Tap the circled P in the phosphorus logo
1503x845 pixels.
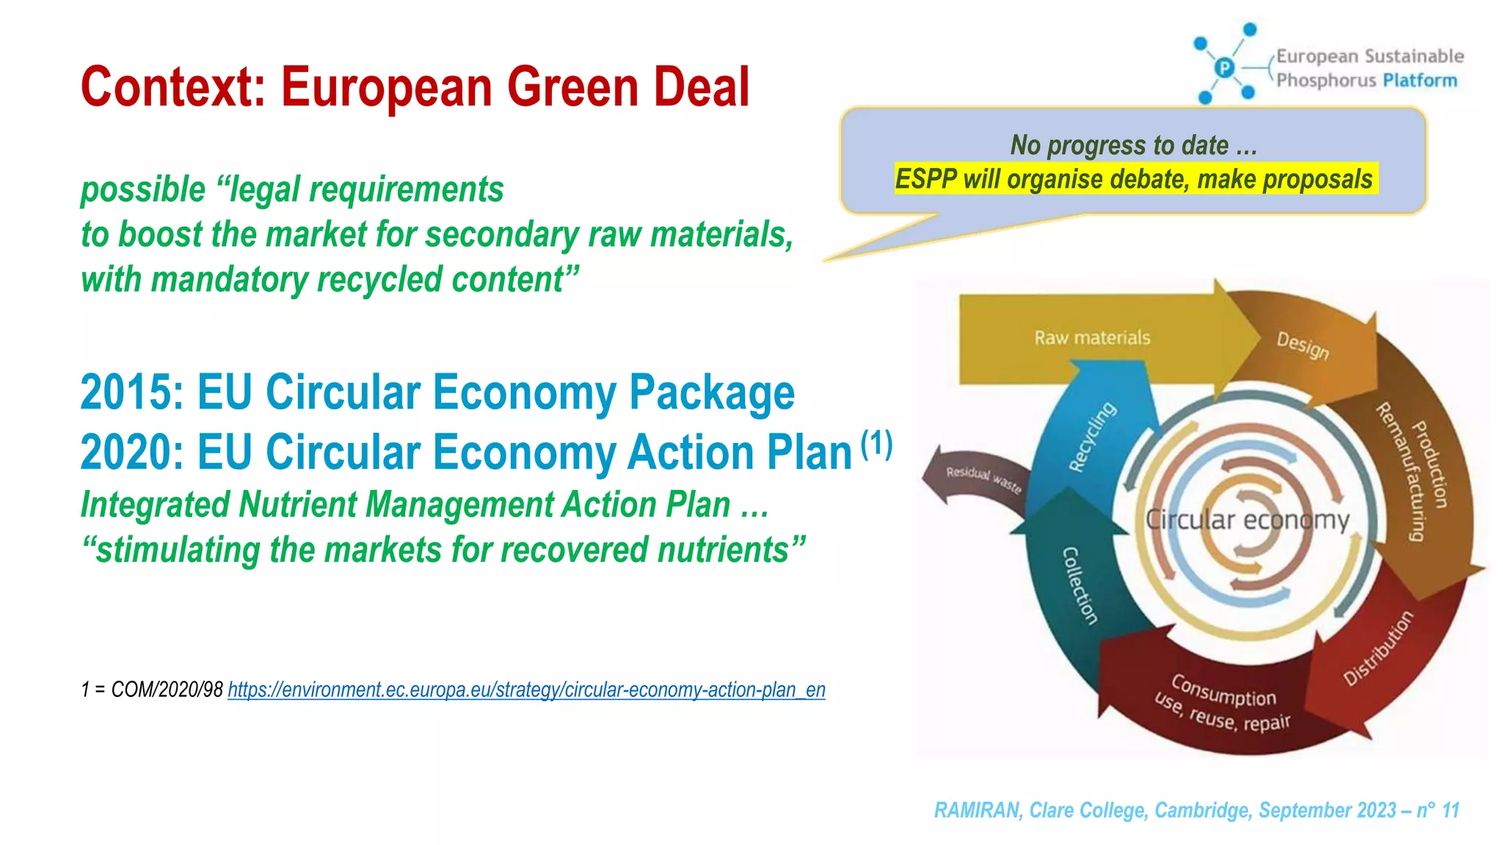pyautogui.click(x=1224, y=68)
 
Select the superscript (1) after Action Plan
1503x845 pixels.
pyautogui.click(x=876, y=444)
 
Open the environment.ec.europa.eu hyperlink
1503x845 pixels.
pyautogui.click(x=526, y=689)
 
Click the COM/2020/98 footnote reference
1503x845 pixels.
pyautogui.click(x=167, y=689)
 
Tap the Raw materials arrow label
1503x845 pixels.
pyautogui.click(x=1092, y=337)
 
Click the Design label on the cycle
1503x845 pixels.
pyautogui.click(x=1303, y=345)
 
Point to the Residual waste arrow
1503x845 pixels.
pyautogui.click(x=981, y=480)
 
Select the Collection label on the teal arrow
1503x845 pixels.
pyautogui.click(x=1080, y=585)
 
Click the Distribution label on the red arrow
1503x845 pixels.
pyautogui.click(x=1378, y=648)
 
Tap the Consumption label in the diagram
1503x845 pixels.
pyautogui.click(x=1223, y=690)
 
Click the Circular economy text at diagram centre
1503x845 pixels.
pyautogui.click(x=1248, y=520)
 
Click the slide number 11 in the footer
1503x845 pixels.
pyautogui.click(x=1450, y=810)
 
